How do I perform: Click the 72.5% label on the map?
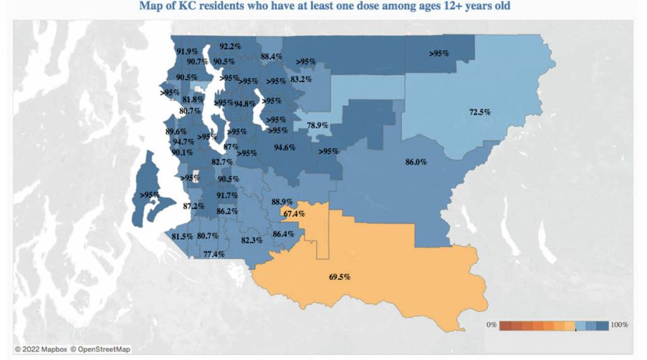(x=480, y=112)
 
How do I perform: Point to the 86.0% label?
(x=416, y=162)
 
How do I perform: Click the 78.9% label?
(x=317, y=125)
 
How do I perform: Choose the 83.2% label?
(x=301, y=79)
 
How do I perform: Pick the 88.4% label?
(x=271, y=56)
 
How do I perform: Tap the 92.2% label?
(x=230, y=46)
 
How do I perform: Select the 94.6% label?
(x=284, y=148)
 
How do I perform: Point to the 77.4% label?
(x=214, y=254)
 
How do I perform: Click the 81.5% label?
(x=182, y=236)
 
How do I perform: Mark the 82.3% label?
(x=251, y=240)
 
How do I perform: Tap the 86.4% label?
(x=283, y=234)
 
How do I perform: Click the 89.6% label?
(x=176, y=131)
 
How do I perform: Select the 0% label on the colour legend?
(x=491, y=324)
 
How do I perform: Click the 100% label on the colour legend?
(x=620, y=324)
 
